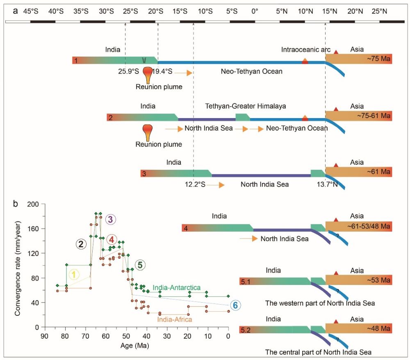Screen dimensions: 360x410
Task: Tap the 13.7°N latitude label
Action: click(327, 185)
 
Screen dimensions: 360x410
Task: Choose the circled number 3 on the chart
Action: click(110, 219)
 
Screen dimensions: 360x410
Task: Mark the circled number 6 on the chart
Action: click(235, 305)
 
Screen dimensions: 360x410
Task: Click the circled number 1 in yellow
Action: click(74, 275)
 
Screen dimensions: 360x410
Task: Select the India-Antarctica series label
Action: click(176, 288)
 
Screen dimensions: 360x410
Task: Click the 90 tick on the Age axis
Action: click(43, 335)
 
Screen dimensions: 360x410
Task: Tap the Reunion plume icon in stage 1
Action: click(148, 76)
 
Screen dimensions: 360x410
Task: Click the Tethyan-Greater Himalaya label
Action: click(245, 106)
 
